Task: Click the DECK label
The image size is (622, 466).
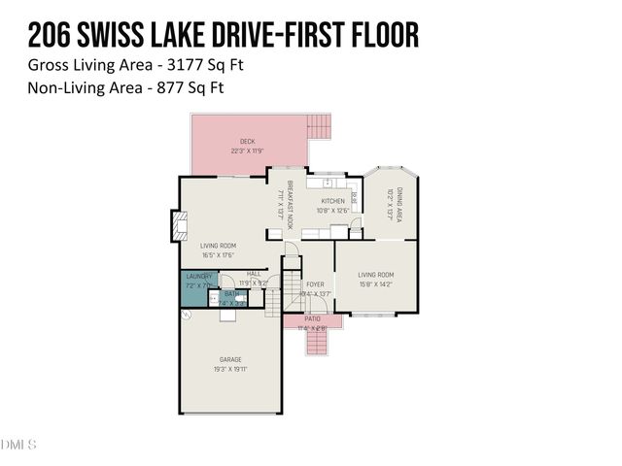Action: tap(248, 142)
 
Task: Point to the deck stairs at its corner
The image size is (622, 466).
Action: tap(319, 126)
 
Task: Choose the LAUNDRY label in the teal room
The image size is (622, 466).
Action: tap(198, 277)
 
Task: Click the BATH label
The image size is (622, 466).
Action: tap(231, 293)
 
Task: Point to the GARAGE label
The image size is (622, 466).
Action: tap(230, 360)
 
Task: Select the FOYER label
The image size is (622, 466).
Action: tap(315, 284)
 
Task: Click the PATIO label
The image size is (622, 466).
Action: tap(312, 318)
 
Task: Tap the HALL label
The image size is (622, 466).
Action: tap(254, 274)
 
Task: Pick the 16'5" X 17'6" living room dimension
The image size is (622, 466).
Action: tap(219, 255)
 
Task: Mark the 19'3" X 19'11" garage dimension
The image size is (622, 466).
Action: tap(230, 370)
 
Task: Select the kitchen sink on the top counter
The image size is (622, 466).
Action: tap(328, 182)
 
